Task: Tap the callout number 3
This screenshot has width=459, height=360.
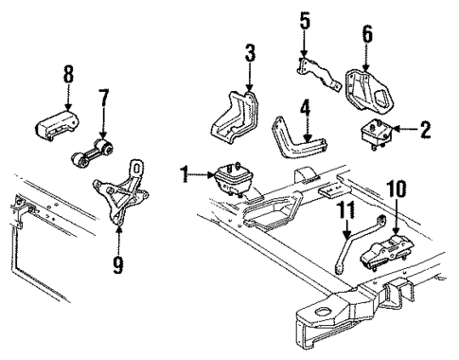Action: point(249,52)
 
